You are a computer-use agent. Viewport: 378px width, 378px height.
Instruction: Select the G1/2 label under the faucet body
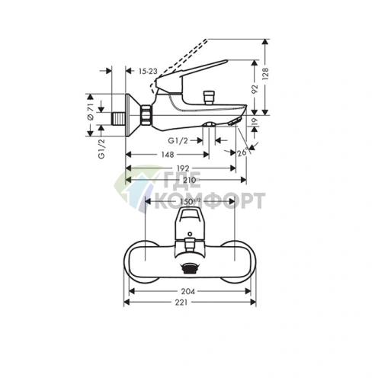[x=179, y=140]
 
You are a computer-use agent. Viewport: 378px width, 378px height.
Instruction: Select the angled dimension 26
[x=242, y=152]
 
